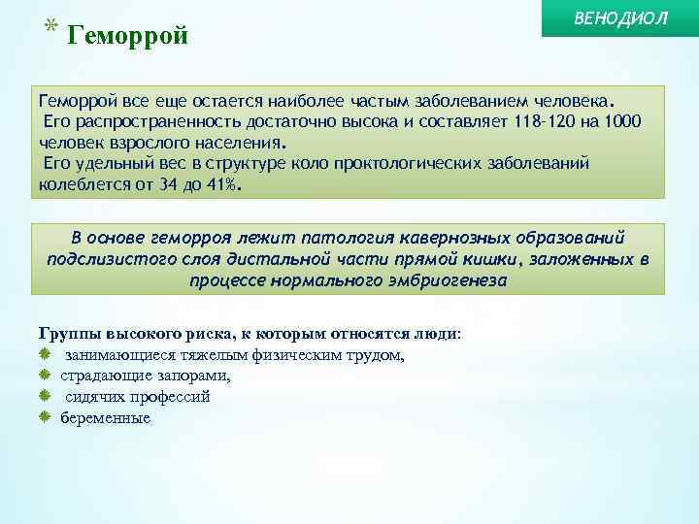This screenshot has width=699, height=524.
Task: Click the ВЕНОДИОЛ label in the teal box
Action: point(621,19)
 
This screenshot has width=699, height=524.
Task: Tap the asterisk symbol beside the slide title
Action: point(50,27)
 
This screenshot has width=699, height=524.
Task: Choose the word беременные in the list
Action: point(105,418)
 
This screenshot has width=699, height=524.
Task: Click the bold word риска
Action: point(181,333)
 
